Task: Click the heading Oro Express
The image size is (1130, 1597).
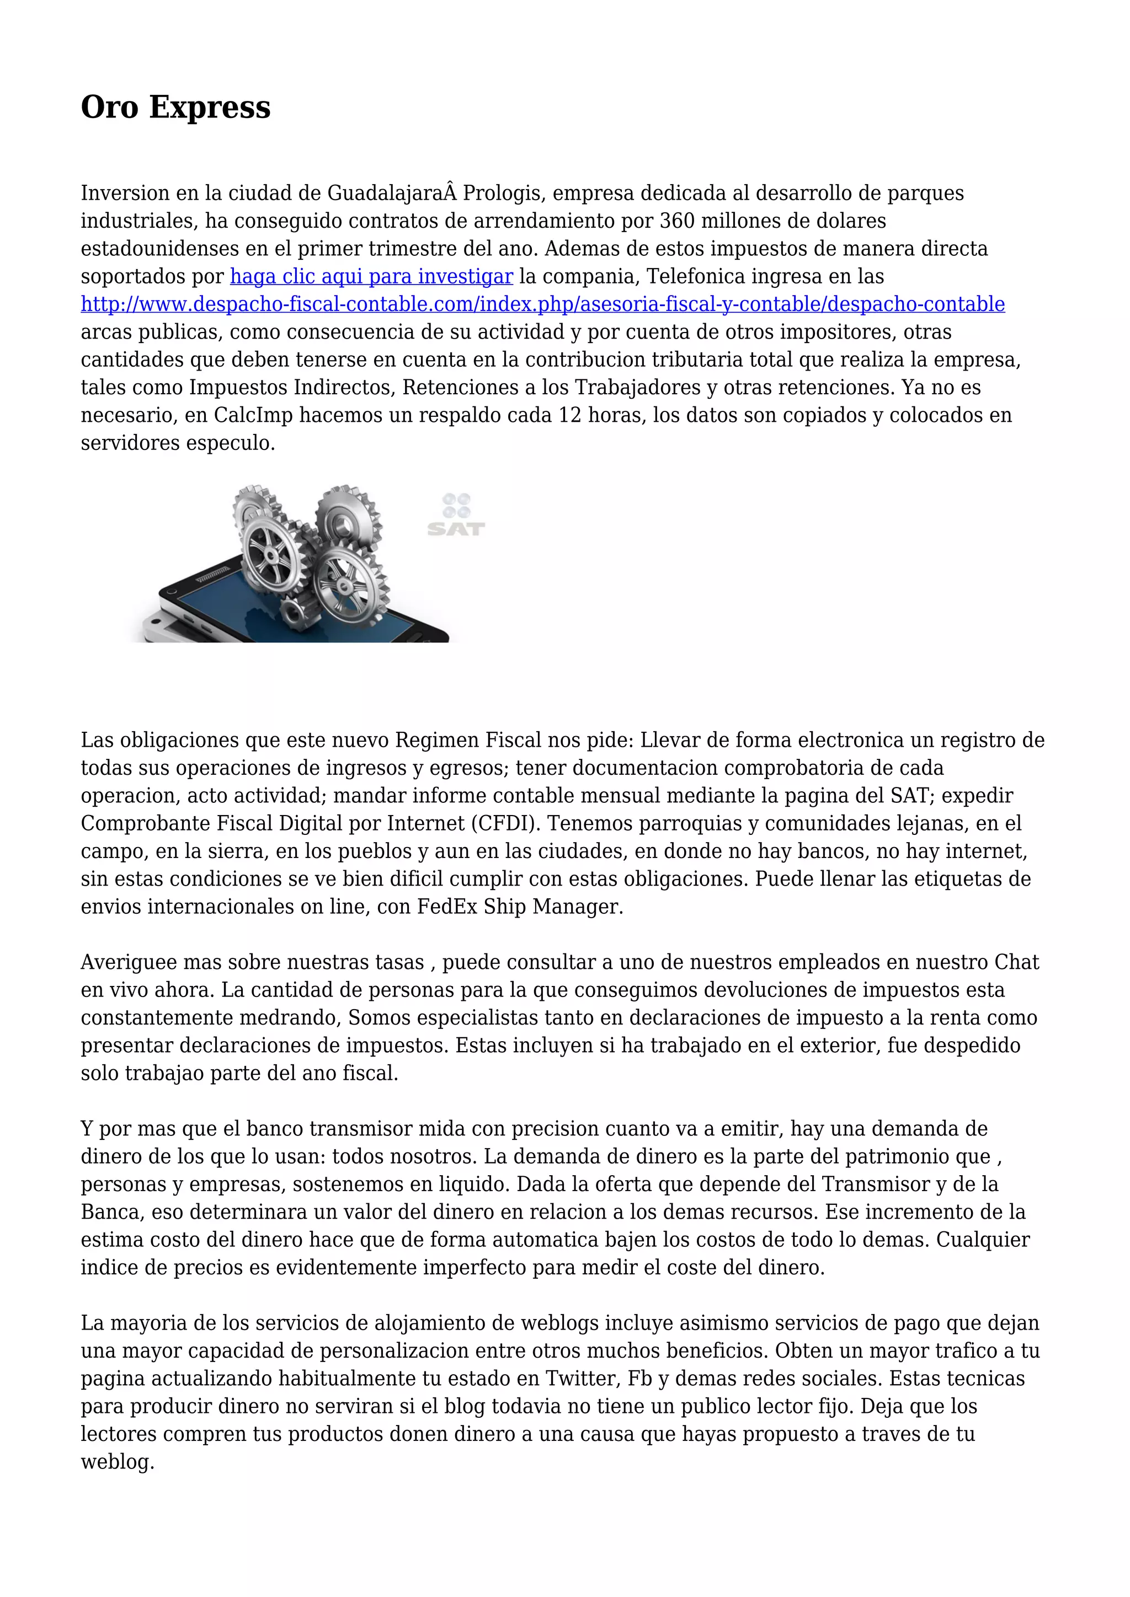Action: coord(175,107)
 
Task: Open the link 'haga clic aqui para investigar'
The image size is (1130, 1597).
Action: coord(371,276)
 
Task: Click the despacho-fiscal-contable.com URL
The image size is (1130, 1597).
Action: coord(543,304)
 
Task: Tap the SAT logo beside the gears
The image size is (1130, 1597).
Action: coord(456,516)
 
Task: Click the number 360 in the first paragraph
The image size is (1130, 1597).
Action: coord(677,221)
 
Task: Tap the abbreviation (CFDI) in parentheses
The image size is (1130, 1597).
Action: coord(505,823)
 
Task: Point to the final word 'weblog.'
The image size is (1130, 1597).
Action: coord(117,1461)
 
